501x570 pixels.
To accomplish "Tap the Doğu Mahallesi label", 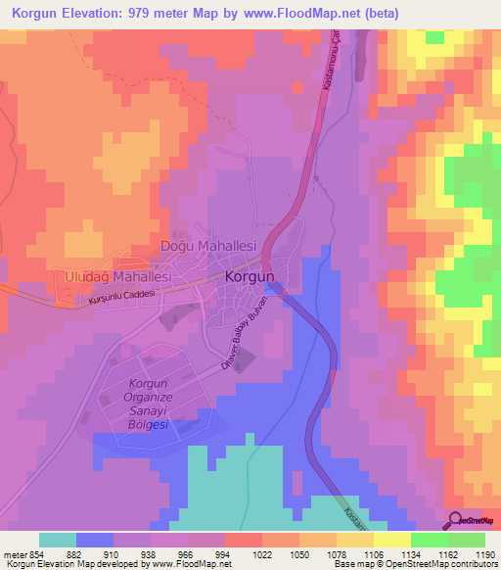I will coord(207,246).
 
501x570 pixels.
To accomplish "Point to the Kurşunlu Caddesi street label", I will coord(122,299).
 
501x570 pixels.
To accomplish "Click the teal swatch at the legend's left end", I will coord(58,540).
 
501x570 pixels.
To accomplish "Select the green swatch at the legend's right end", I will coord(467,540).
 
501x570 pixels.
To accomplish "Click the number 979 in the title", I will coord(158,13).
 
